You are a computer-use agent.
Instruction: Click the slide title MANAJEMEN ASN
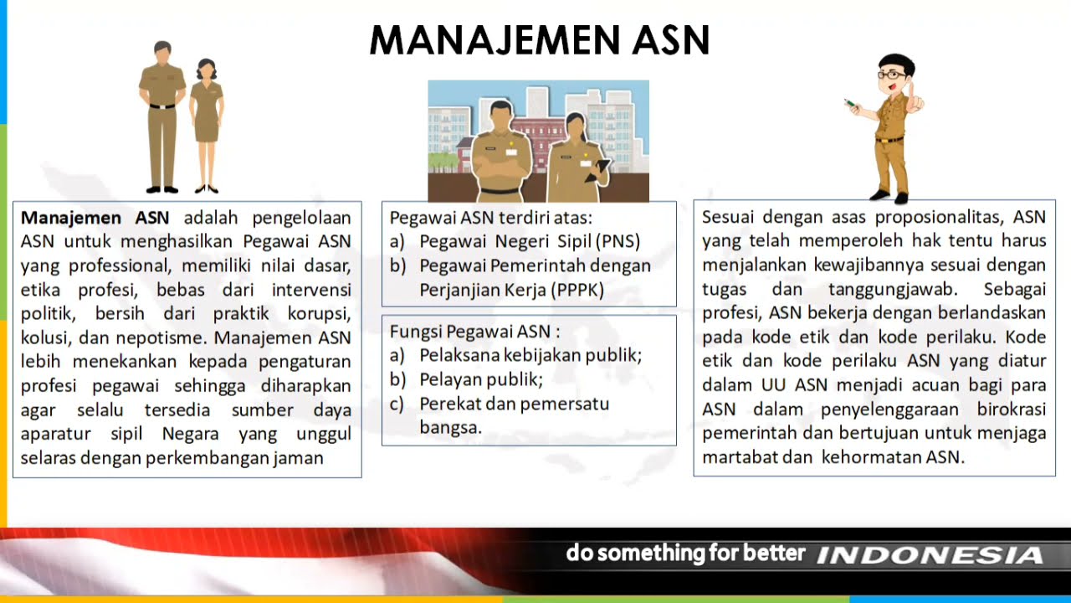pyautogui.click(x=540, y=39)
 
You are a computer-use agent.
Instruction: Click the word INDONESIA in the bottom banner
pyautogui.click(x=930, y=555)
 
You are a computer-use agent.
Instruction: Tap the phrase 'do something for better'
pyautogui.click(x=685, y=554)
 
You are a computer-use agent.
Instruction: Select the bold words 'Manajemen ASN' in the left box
pyautogui.click(x=95, y=218)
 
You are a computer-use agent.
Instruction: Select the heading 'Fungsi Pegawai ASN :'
pyautogui.click(x=474, y=331)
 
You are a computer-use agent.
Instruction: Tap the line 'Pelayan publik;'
pyautogui.click(x=481, y=379)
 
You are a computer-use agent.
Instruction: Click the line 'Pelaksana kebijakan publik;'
pyautogui.click(x=530, y=355)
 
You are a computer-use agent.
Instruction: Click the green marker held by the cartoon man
pyautogui.click(x=850, y=104)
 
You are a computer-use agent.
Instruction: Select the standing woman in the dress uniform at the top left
pyautogui.click(x=205, y=126)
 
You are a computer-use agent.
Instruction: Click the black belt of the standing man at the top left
pyautogui.click(x=162, y=106)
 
